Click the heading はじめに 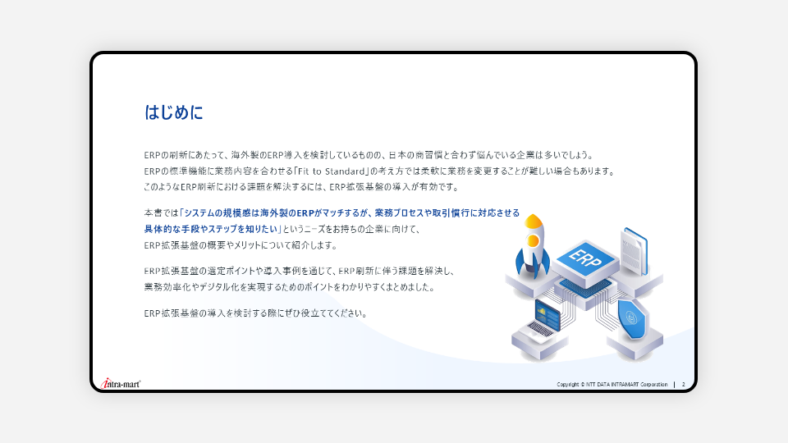[x=174, y=112]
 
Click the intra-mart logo [x=121, y=384]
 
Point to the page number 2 [x=684, y=384]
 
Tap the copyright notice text [x=612, y=384]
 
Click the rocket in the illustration [x=532, y=247]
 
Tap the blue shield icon [x=632, y=318]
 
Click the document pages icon [x=635, y=251]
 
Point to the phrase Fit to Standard [x=331, y=171]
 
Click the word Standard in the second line [x=345, y=171]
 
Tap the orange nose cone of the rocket [x=534, y=221]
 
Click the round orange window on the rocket [x=533, y=241]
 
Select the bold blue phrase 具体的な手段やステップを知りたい [x=211, y=229]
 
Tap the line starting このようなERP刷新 [x=301, y=187]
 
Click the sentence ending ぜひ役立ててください [x=255, y=313]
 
